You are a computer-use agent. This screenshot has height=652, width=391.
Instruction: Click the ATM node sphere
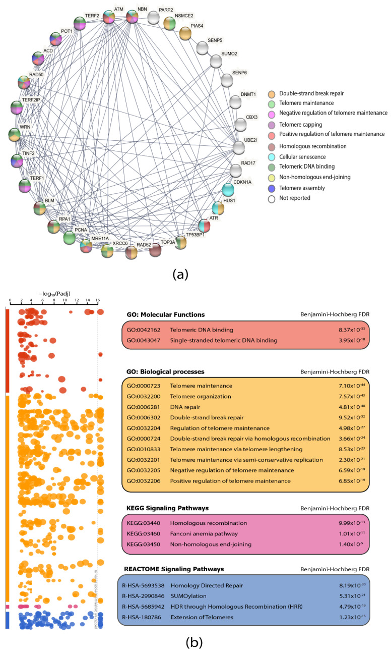tap(109, 18)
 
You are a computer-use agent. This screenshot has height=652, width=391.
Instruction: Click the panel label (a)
tap(180, 275)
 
